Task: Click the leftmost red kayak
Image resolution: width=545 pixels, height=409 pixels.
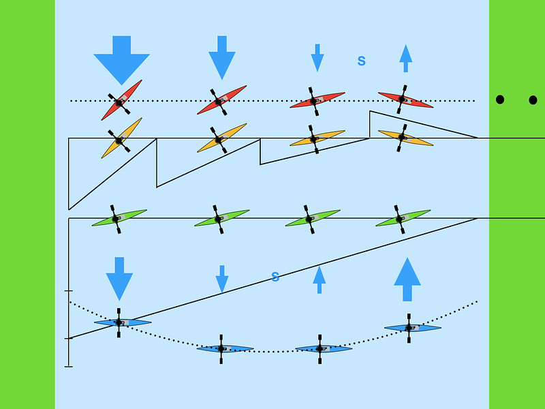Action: (121, 100)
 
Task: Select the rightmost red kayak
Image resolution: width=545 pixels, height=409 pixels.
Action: (405, 100)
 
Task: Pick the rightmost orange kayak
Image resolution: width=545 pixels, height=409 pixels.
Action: (405, 138)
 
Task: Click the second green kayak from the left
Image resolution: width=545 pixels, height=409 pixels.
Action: (221, 218)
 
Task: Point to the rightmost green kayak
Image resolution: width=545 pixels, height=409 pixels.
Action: (403, 218)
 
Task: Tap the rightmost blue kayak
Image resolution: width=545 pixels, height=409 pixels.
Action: (412, 328)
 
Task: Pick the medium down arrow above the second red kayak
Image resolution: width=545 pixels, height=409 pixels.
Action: (221, 57)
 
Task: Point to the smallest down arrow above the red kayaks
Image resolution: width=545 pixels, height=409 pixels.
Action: (317, 57)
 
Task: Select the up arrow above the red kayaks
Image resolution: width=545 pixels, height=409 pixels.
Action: (405, 58)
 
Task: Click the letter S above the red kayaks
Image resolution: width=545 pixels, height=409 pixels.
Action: (362, 61)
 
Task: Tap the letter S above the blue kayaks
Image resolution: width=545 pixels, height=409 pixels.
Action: (275, 277)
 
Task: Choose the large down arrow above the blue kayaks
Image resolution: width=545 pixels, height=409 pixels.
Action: (119, 278)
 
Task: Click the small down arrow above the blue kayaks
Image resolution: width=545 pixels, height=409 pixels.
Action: (221, 279)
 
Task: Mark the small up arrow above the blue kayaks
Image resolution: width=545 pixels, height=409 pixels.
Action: (319, 279)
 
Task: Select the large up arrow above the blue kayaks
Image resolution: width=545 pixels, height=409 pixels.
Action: (407, 279)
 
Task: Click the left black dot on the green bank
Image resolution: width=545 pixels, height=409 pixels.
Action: (500, 100)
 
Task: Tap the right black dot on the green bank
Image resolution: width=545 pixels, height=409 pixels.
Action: (533, 100)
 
